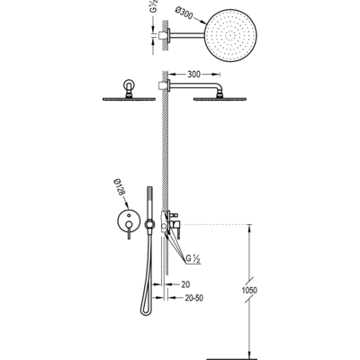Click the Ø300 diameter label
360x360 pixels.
pos(183,14)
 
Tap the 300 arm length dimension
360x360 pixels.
pos(193,74)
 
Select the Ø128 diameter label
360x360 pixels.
pos(119,188)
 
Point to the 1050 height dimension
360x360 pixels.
pos(249,291)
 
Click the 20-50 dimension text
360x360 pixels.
pos(193,298)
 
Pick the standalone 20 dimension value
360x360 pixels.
pos(185,284)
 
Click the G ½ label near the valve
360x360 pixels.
pos(193,258)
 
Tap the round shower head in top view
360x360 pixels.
pos(231,35)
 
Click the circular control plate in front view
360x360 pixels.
pos(129,221)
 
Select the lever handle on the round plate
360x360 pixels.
pos(129,230)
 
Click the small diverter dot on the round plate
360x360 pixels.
pos(129,215)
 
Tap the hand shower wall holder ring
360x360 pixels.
pos(149,224)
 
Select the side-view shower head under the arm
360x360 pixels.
pos(220,99)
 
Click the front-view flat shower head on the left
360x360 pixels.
pos(129,99)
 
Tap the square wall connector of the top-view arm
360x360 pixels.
pos(162,35)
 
